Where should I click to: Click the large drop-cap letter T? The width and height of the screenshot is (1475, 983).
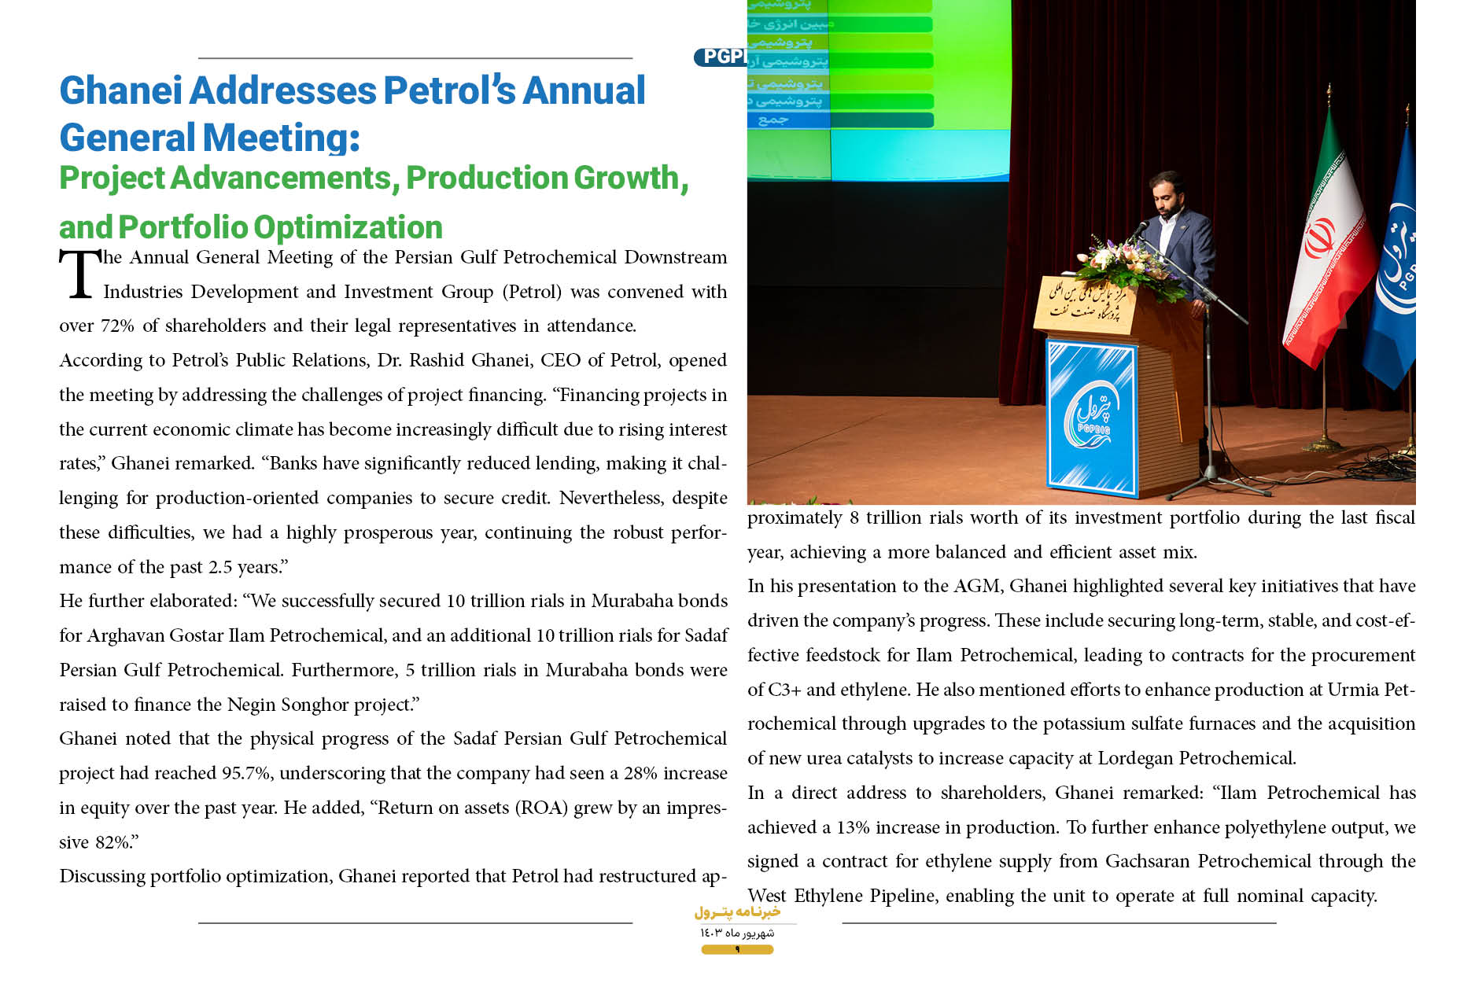(x=79, y=274)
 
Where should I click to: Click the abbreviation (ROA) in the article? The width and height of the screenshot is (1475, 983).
(x=541, y=808)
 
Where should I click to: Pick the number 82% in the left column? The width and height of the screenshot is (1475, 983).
(x=113, y=842)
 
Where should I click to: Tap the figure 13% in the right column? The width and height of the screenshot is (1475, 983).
(x=853, y=827)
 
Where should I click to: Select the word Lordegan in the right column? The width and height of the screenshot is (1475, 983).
(x=1135, y=758)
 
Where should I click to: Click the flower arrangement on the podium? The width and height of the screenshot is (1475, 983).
(x=1129, y=263)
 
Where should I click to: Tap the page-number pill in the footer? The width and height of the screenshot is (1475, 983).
(x=737, y=950)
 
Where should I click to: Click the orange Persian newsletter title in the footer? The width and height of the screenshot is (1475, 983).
(x=737, y=912)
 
